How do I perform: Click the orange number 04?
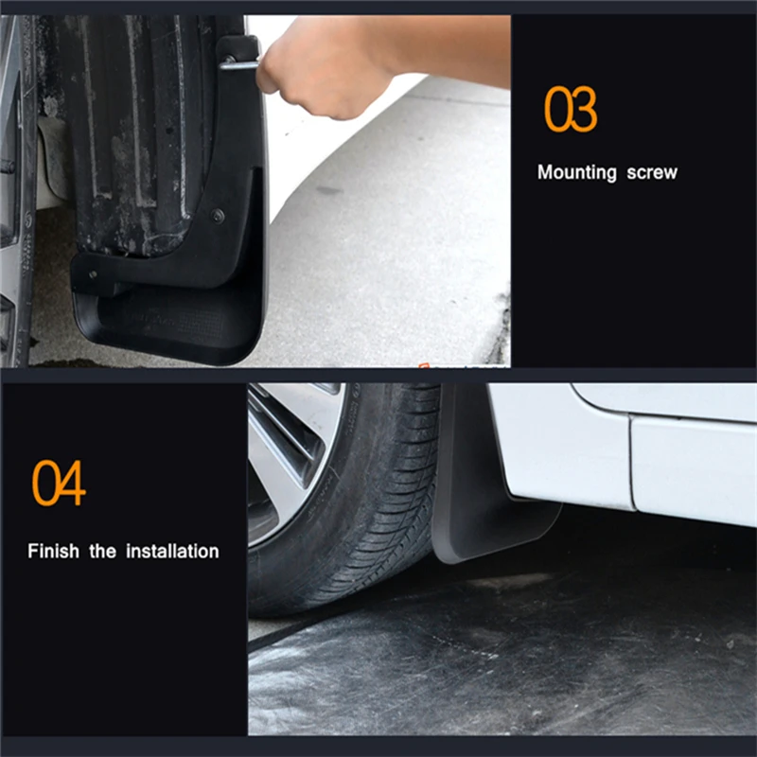[x=59, y=483]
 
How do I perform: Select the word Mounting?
[x=577, y=172]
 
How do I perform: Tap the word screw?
[x=652, y=172]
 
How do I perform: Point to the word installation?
[x=172, y=551]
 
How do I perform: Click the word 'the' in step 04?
[x=102, y=551]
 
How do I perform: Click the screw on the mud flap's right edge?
[x=219, y=215]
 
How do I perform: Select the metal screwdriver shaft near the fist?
[x=238, y=64]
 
